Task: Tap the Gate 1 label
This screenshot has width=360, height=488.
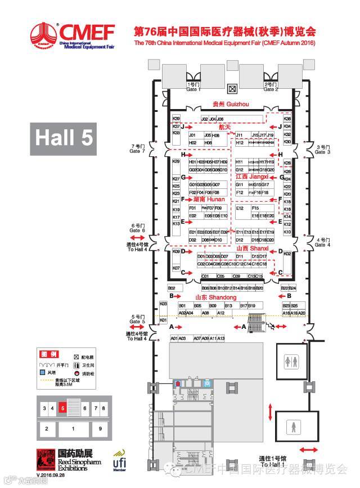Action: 193,87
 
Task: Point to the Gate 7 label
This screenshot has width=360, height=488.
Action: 137,148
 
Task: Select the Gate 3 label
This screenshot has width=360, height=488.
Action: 323,149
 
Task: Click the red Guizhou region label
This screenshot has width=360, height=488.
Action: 223,104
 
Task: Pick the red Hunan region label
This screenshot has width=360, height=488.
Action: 209,199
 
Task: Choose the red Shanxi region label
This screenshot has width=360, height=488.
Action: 248,248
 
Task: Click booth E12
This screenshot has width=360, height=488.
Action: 240,208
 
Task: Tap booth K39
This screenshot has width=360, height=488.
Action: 176,119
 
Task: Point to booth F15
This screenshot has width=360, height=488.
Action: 255,208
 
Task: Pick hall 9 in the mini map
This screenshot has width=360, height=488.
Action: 100,428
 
